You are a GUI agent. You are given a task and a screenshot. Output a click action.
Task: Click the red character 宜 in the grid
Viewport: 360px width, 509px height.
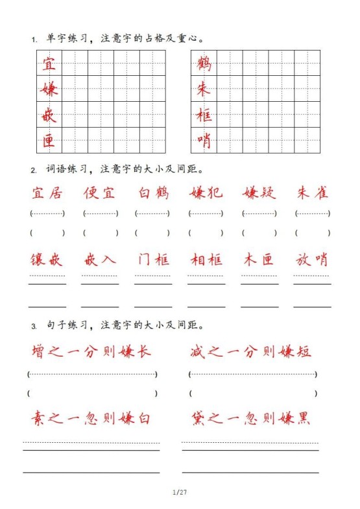coord(49,64)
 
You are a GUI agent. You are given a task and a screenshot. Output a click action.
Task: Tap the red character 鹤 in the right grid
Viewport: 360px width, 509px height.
coord(204,64)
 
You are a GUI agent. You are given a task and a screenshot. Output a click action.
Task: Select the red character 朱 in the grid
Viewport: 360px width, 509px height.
coord(204,89)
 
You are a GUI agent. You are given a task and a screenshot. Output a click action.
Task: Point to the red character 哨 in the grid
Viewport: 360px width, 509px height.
coord(204,140)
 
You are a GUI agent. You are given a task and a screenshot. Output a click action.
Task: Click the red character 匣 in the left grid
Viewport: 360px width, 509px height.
coord(49,140)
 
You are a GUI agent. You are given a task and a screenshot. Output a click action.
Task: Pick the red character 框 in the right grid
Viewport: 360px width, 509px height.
coord(204,115)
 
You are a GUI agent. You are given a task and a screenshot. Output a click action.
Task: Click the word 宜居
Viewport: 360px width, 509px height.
coord(47,193)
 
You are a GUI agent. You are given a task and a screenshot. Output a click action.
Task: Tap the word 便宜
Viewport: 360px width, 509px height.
coord(100,193)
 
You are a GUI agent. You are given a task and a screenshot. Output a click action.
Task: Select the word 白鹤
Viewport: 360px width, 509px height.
coord(153,193)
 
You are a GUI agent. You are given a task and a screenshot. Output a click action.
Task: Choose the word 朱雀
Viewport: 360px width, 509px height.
coord(313,193)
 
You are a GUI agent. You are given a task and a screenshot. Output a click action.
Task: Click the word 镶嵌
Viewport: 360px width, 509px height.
coord(47,260)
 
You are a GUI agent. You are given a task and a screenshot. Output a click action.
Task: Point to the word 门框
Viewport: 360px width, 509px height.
coord(153,260)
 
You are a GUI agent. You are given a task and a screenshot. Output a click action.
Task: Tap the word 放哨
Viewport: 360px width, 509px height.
coord(313,260)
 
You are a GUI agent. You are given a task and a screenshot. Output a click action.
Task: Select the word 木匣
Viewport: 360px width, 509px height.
coord(259,260)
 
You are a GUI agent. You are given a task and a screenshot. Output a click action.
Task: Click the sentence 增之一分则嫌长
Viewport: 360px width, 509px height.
coord(91,351)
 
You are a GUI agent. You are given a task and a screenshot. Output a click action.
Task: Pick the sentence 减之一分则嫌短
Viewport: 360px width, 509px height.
coord(251,351)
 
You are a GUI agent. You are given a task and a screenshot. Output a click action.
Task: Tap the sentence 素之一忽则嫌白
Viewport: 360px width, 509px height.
coord(91,418)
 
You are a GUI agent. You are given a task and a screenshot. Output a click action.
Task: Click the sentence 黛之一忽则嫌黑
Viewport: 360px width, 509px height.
coord(251,418)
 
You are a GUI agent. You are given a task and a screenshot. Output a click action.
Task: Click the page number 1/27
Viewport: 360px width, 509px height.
coord(180,493)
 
